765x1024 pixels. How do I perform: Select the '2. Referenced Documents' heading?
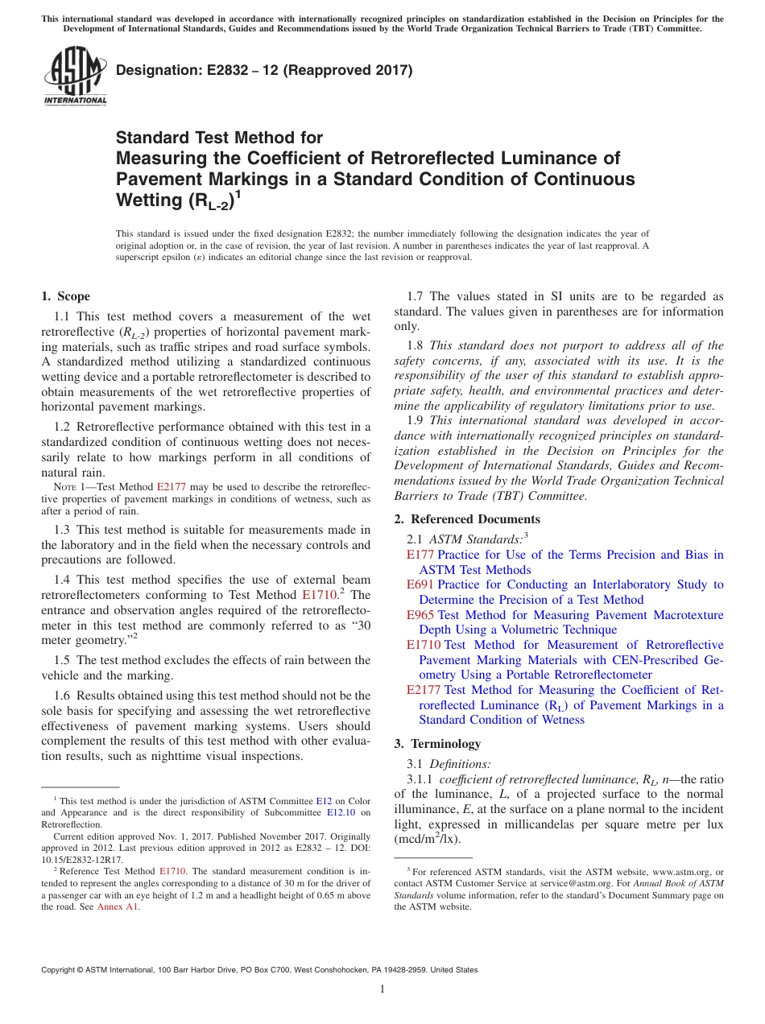pos(467,519)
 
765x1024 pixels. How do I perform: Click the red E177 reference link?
pos(420,555)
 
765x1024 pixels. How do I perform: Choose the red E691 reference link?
pos(420,584)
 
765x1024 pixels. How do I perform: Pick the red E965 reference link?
pos(420,615)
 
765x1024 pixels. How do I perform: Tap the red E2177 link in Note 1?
pos(171,487)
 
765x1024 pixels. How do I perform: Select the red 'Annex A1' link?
pos(118,906)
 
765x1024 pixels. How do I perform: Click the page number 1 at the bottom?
pos(382,989)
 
